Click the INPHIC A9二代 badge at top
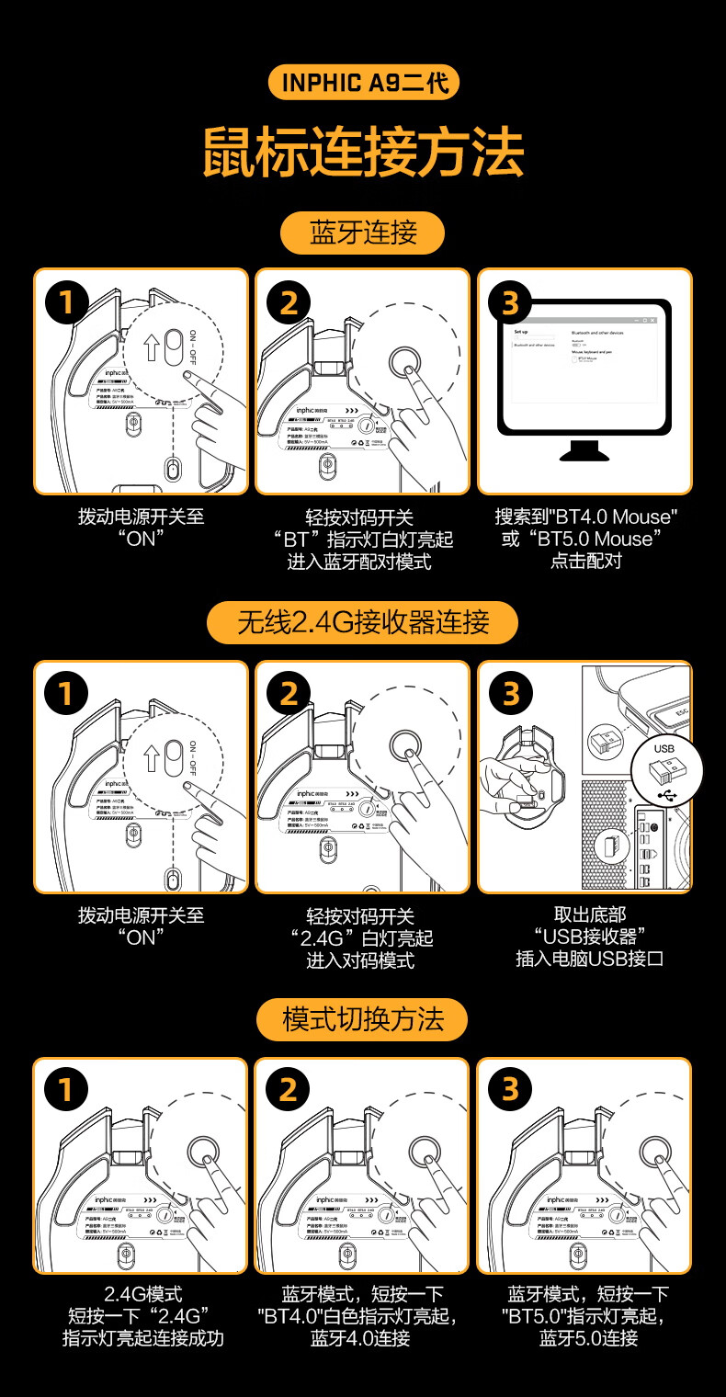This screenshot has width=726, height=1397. click(363, 83)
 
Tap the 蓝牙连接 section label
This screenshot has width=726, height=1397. click(363, 233)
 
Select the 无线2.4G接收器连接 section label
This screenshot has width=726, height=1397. click(363, 623)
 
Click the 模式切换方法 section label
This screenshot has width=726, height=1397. click(363, 1019)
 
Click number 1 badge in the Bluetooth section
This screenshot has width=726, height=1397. click(65, 302)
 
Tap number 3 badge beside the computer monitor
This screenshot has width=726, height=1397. click(510, 302)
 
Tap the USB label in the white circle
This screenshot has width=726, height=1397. click(664, 748)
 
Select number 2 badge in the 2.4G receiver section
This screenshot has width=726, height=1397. click(289, 694)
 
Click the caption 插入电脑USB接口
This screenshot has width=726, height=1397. click(590, 959)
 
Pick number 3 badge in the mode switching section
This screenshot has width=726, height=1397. click(510, 1089)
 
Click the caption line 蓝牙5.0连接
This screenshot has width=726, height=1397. click(589, 1338)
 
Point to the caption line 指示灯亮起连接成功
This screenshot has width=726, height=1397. click(142, 1338)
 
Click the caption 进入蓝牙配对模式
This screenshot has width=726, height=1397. click(359, 562)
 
